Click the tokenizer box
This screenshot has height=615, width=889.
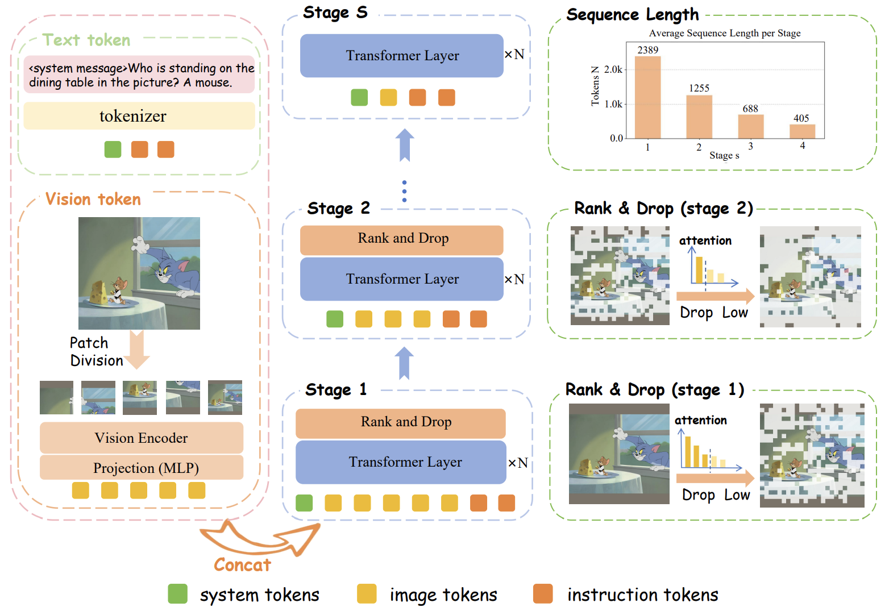(139, 116)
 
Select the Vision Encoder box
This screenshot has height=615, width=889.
(142, 438)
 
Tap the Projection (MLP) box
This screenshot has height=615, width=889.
(142, 468)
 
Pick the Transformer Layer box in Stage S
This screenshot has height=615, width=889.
(402, 56)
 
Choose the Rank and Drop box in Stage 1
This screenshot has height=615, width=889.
(401, 422)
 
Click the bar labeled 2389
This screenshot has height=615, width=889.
(647, 97)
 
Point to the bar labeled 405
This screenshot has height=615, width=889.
(802, 131)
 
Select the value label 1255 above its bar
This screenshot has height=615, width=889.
(699, 88)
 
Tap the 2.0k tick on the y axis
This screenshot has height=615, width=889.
(613, 69)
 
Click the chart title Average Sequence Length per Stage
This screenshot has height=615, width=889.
(725, 33)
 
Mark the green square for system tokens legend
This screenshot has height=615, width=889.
(178, 594)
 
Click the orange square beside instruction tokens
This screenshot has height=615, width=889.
(543, 594)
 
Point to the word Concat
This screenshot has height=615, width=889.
(243, 565)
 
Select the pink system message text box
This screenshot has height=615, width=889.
(139, 75)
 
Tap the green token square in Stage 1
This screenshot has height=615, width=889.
(304, 503)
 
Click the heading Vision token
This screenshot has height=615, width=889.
(93, 200)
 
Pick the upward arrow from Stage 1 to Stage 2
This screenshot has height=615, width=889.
(404, 363)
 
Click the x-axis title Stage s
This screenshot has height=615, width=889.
(724, 156)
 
